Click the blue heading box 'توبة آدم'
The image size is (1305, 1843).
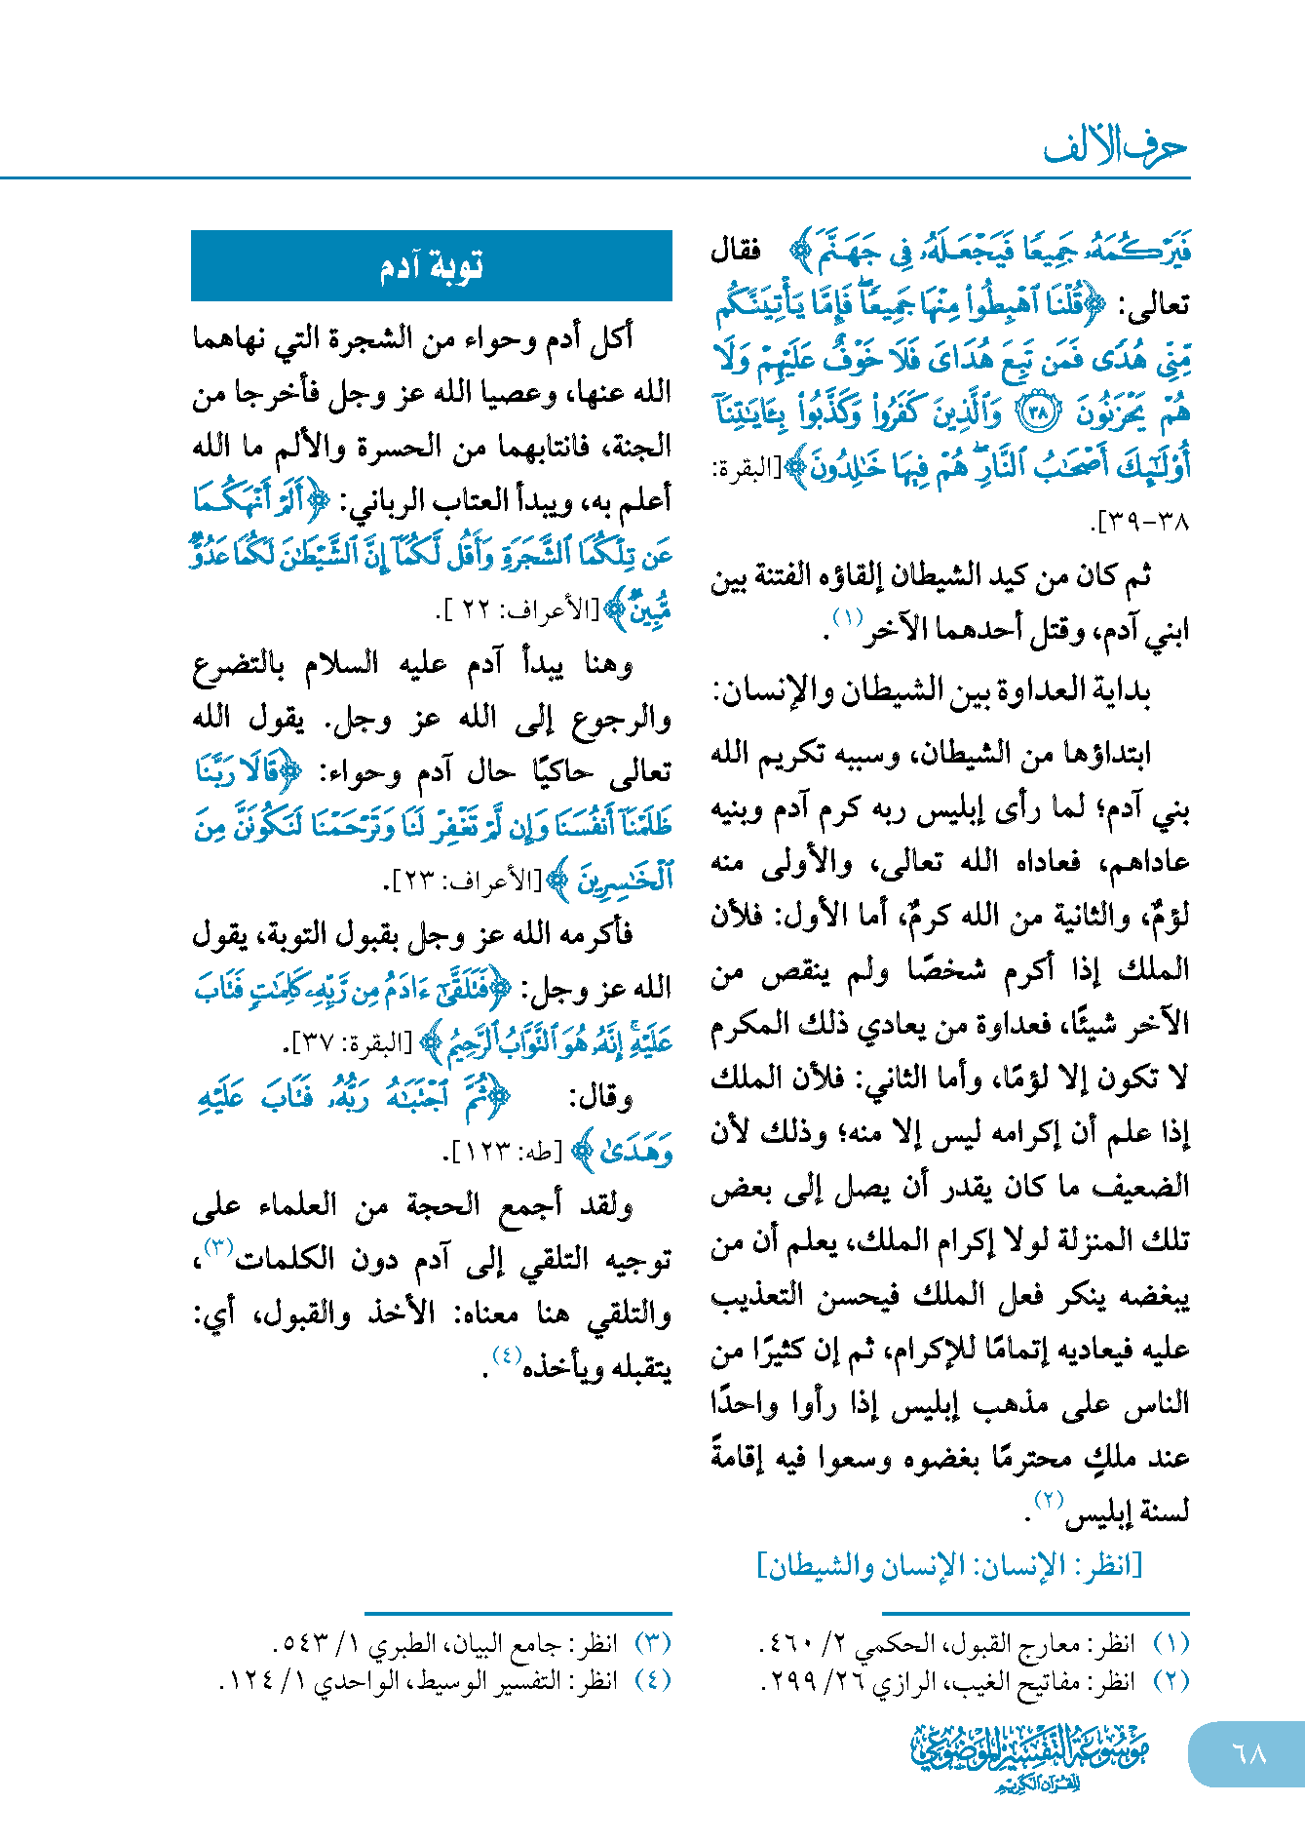pos(431,265)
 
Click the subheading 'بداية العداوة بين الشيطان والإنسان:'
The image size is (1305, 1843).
pos(932,691)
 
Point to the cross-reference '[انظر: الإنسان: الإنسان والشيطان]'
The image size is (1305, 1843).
pos(949,1565)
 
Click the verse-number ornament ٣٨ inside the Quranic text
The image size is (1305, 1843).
pos(1036,413)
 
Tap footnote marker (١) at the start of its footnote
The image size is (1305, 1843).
pos(1171,1644)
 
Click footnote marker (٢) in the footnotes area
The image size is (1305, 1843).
pos(1171,1681)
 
